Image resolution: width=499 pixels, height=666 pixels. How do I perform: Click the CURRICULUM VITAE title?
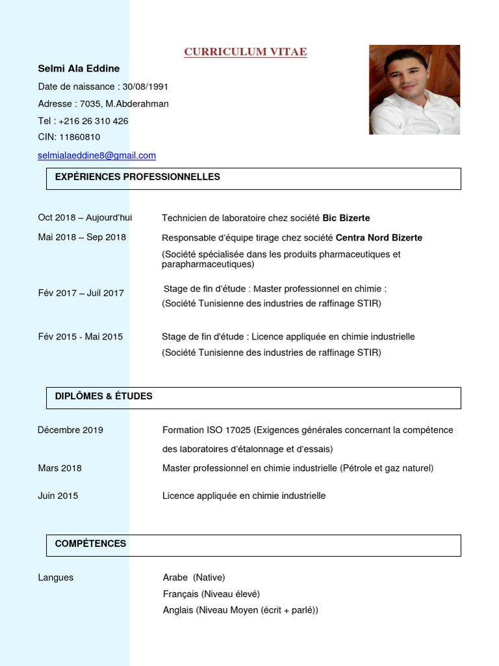click(x=245, y=52)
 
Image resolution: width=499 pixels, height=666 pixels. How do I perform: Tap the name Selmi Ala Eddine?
click(x=79, y=68)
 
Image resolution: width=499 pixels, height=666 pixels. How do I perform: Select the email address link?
click(x=97, y=155)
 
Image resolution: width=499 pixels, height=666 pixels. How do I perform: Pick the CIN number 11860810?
click(x=79, y=137)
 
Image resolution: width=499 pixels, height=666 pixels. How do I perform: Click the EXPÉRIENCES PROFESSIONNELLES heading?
click(x=137, y=177)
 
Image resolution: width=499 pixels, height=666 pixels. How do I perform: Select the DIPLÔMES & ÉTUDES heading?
click(x=103, y=396)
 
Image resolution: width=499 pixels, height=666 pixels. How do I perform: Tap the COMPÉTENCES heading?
click(x=90, y=544)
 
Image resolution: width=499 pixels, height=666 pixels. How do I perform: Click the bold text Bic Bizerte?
click(x=346, y=218)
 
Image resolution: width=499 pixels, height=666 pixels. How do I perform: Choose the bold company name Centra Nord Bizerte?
click(x=379, y=238)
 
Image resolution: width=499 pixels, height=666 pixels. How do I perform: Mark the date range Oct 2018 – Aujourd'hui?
click(x=84, y=218)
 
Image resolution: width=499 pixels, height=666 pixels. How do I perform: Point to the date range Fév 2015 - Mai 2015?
click(x=81, y=337)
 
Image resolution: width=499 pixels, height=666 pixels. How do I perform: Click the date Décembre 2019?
click(x=70, y=430)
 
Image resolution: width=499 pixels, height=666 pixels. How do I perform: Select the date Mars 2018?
click(x=60, y=468)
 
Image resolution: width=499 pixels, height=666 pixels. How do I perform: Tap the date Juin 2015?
click(x=58, y=496)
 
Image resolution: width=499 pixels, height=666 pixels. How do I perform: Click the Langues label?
click(x=56, y=578)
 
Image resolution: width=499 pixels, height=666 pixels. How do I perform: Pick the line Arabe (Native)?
click(x=194, y=578)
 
